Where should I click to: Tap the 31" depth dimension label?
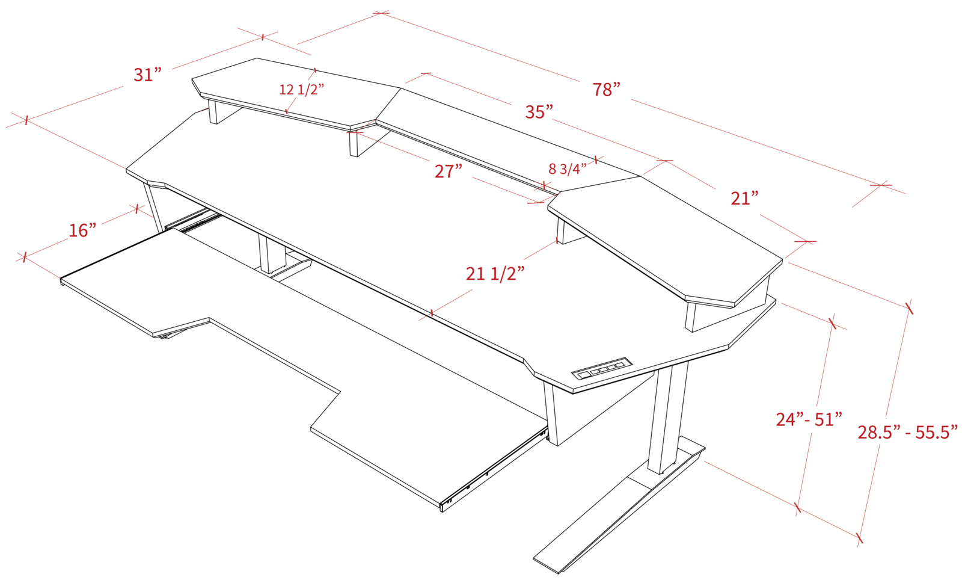click(x=148, y=75)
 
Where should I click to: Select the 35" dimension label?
click(x=539, y=112)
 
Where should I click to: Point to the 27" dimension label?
click(x=449, y=171)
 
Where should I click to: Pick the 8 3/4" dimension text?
click(x=567, y=169)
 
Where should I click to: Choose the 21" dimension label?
click(x=744, y=198)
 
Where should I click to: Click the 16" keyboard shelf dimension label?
click(x=82, y=230)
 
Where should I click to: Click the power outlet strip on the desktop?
click(x=603, y=370)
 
